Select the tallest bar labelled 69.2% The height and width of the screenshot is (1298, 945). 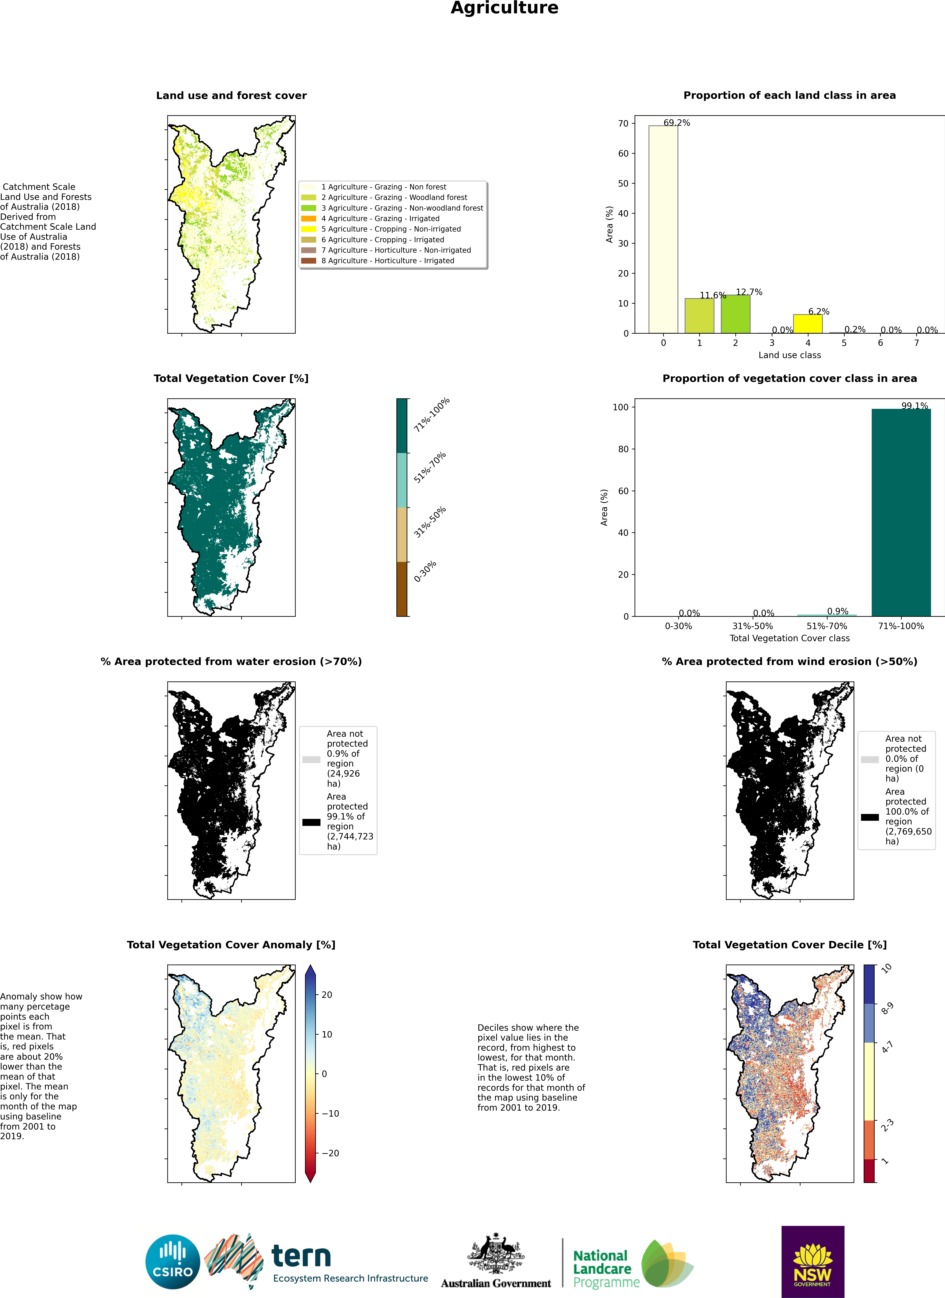point(663,229)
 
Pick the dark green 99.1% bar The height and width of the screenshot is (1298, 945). point(901,512)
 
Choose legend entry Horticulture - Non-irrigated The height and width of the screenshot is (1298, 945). point(396,250)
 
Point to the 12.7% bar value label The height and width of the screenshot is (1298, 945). point(749,292)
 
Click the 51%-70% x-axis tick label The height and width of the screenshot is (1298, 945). point(827,626)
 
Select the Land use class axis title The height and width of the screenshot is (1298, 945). point(789,355)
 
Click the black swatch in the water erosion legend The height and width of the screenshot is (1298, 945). point(311,822)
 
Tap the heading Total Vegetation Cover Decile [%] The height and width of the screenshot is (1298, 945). point(789,945)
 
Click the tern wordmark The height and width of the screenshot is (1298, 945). point(301,1256)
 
